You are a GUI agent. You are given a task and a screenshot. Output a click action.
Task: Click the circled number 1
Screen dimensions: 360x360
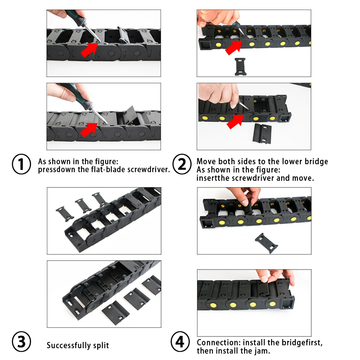coord(21,164)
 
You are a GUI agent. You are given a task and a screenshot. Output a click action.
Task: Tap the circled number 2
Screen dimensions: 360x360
coord(182,164)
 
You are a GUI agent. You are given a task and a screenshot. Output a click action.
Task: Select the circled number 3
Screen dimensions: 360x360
coord(21,342)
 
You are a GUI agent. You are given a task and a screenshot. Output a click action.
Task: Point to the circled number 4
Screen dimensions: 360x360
coord(180,342)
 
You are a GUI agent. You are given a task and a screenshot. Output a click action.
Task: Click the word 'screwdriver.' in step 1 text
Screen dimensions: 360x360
coord(149,170)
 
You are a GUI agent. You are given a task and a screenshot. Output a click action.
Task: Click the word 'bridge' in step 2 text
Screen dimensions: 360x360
coord(316,162)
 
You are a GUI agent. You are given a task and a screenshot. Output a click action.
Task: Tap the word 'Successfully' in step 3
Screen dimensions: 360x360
coord(68,345)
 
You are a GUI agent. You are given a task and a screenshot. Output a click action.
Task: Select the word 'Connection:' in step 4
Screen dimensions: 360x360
coord(219,343)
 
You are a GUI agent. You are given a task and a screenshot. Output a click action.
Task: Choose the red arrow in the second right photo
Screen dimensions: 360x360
coord(235,122)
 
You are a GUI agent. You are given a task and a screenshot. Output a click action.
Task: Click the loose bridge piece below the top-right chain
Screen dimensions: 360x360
coord(240,67)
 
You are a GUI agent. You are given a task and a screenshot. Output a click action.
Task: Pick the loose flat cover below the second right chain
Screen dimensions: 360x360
coord(262,134)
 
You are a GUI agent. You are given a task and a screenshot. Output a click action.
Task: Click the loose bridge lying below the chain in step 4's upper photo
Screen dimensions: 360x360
coord(266,243)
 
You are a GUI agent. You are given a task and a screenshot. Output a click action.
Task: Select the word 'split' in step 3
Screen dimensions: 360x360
coord(101,345)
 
